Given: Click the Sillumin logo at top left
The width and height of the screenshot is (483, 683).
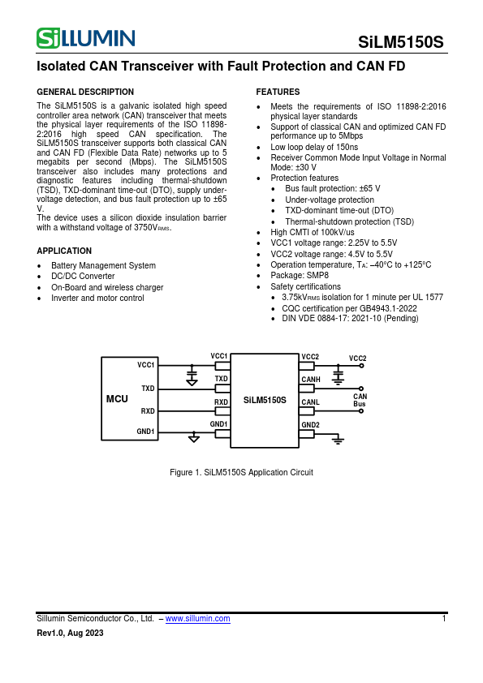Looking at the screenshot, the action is tap(85, 38).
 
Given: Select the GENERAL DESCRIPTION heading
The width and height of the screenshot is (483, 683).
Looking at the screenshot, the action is tap(85, 92).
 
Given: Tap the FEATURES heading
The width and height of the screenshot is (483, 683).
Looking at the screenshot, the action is tap(278, 92).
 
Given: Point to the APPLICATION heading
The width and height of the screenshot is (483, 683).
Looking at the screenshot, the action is tap(64, 251).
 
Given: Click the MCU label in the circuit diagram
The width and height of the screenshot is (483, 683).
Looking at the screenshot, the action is tap(118, 400).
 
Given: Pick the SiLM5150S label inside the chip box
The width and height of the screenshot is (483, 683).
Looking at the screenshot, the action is tap(265, 400).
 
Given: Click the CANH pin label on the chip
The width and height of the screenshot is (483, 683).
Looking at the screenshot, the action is tap(311, 379).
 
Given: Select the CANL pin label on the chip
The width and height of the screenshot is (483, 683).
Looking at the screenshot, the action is tap(310, 402).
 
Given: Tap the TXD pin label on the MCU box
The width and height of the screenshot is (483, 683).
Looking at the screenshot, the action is tap(148, 389).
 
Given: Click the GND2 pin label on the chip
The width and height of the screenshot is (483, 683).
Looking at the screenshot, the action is tap(310, 425).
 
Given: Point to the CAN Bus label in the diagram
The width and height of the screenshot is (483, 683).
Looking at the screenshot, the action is tap(360, 400).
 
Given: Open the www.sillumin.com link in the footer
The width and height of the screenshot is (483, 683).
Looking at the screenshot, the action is tap(197, 618).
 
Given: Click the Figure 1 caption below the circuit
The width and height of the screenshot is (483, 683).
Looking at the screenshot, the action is tap(241, 472).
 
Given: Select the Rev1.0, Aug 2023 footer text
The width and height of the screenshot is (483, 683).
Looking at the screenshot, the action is tap(71, 633).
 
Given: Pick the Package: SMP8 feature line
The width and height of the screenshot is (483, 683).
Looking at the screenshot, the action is tap(300, 276).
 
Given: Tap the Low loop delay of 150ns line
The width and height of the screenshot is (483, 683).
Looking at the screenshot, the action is tap(314, 148).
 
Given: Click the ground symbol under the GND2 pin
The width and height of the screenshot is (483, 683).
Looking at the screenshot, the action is tap(339, 440).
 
